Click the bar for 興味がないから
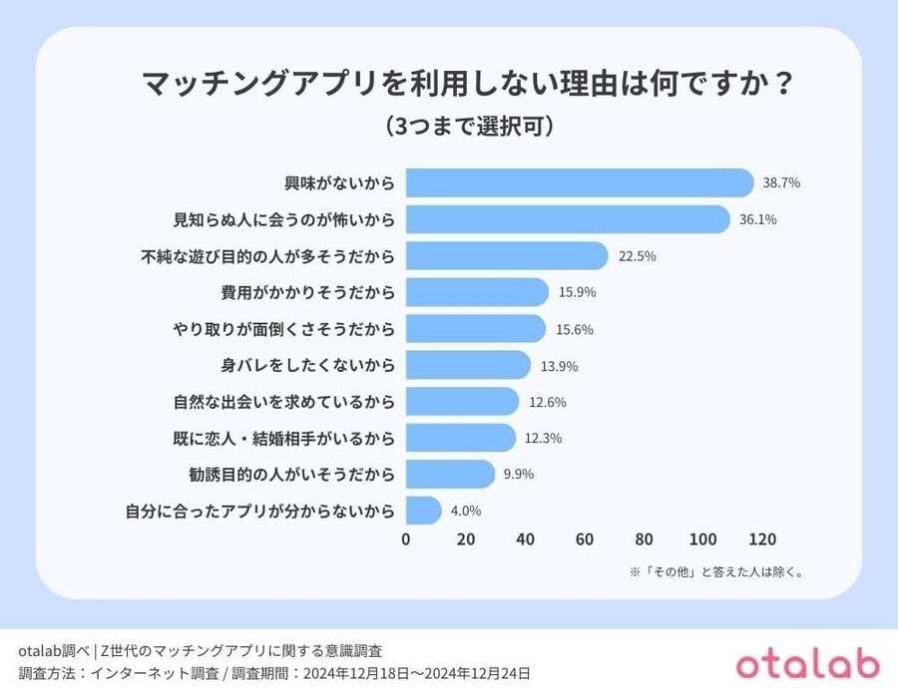(579, 183)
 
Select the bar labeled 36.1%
(567, 219)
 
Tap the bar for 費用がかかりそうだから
(477, 292)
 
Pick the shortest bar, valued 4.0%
(423, 511)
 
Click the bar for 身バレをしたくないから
(467, 365)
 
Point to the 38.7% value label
(781, 183)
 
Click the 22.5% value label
(637, 256)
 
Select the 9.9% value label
(519, 475)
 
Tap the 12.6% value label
(547, 402)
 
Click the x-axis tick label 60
(585, 539)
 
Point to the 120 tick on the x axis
(762, 539)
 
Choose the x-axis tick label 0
(406, 539)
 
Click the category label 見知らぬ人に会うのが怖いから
(284, 219)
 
